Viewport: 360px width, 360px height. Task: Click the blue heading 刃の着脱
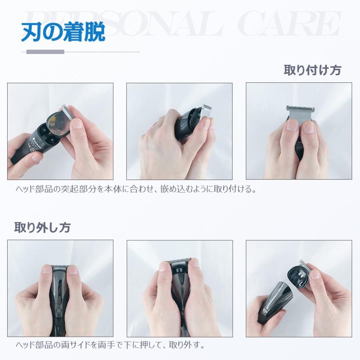pyautogui.click(x=63, y=33)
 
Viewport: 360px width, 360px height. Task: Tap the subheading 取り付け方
pyautogui.click(x=312, y=70)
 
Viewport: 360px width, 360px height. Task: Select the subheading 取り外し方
pyautogui.click(x=42, y=228)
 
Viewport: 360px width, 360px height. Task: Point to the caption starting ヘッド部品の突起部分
pyautogui.click(x=136, y=189)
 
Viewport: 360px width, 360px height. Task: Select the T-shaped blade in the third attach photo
pyautogui.click(x=300, y=114)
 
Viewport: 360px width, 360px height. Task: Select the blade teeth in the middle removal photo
pyautogui.click(x=179, y=261)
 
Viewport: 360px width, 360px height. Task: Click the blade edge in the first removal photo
pyautogui.click(x=60, y=266)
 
